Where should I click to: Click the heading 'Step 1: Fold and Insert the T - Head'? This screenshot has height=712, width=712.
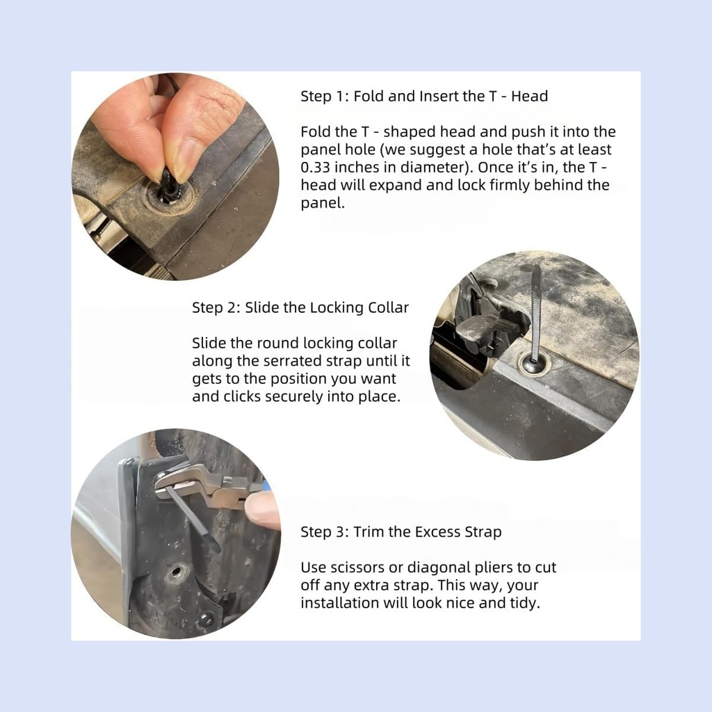pyautogui.click(x=423, y=96)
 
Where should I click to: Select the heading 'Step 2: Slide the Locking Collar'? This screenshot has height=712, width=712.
pyautogui.click(x=300, y=307)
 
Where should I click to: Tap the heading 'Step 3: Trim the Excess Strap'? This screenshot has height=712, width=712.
pyautogui.click(x=400, y=532)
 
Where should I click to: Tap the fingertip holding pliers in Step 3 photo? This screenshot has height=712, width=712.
pyautogui.click(x=263, y=511)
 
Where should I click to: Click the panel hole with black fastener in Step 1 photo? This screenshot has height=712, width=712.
pyautogui.click(x=168, y=194)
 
